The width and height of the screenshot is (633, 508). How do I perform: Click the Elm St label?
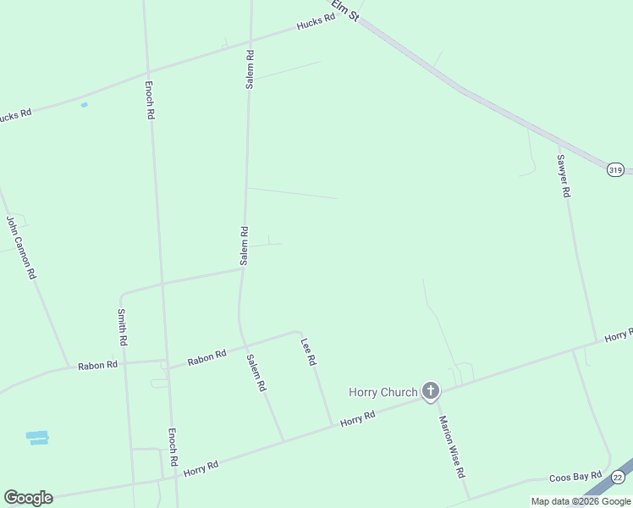345,10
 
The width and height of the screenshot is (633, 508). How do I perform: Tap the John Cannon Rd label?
21,248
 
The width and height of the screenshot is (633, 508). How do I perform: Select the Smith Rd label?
122,327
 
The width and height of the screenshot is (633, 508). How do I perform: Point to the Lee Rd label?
308,351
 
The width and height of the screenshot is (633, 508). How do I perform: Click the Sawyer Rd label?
563,175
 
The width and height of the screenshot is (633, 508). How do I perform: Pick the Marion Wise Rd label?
452,446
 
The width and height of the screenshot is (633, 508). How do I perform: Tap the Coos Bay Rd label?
575,477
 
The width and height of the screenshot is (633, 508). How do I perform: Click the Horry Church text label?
383,392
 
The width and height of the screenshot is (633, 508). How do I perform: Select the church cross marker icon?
431,391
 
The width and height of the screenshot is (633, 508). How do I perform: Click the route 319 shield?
615,170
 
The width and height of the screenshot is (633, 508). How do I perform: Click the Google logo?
28,498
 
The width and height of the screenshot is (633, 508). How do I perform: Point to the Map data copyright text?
581,501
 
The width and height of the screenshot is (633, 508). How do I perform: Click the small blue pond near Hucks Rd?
84,105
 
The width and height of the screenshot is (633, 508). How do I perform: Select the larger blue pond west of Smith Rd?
37,438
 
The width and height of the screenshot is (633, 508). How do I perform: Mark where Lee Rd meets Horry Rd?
332,426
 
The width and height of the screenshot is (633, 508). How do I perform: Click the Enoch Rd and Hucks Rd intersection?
147,71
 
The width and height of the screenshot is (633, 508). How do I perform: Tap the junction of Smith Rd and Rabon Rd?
124,362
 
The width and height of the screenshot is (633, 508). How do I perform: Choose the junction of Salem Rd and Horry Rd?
283,440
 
